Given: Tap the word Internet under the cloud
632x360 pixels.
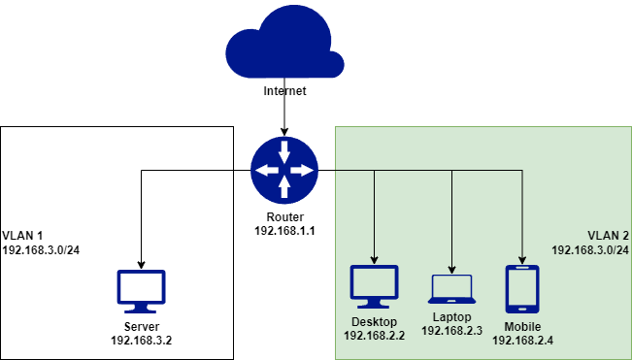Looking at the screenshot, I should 284,91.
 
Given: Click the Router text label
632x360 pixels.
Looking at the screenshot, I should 284,217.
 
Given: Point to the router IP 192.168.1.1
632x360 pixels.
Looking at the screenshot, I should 284,232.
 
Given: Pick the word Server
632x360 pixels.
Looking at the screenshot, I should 141,326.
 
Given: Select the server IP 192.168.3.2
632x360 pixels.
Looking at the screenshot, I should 141,341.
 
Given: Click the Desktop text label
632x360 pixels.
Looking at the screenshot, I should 374,320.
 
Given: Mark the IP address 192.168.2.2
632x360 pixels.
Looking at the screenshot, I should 374,335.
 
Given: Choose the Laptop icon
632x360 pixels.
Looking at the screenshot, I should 451,288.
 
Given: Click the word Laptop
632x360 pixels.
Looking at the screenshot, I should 451,316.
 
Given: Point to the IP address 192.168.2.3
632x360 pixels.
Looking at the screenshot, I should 451,331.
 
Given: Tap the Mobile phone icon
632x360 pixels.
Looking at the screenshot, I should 522,288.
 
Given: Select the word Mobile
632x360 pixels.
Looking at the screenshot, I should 522,326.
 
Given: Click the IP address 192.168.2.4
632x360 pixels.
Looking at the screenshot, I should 522,341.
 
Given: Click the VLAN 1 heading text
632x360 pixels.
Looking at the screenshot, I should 23,235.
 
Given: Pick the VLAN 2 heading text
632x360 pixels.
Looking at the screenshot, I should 609,235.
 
